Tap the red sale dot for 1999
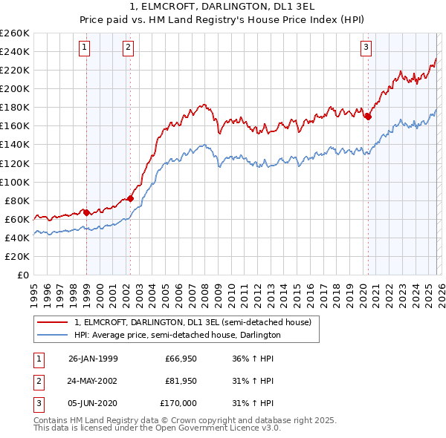pos(86,212)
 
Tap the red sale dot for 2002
pos(130,198)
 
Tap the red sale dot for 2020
pos(368,116)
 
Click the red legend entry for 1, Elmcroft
pos(197,322)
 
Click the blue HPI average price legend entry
pos(177,336)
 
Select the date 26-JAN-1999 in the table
pos(93,359)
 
